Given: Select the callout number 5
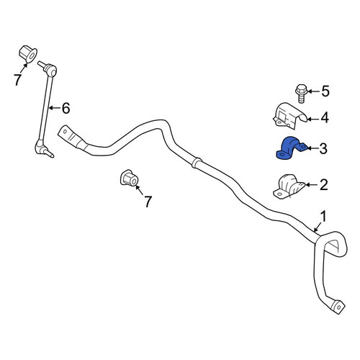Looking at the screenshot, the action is point(325,91).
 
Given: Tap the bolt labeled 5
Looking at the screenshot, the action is point(300,94).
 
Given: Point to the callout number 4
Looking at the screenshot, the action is point(325,118).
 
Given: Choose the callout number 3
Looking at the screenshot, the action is point(323,148).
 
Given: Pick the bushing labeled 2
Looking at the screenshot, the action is point(289,186).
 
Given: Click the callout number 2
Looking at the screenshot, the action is point(324,185).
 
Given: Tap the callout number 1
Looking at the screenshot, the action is point(324,216).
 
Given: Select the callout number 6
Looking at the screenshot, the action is point(66,108).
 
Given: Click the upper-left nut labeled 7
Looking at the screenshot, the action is point(28,54).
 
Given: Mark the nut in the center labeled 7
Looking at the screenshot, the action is point(130,178).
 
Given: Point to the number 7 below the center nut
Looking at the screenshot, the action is point(148,202).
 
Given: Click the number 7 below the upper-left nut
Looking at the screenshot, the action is point(17,80).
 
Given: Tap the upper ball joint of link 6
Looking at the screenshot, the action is point(50,69).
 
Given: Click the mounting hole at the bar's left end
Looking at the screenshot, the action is point(65,131).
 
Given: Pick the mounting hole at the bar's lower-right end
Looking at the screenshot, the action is point(338,307).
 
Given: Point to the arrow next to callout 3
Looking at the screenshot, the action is point(313,148).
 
